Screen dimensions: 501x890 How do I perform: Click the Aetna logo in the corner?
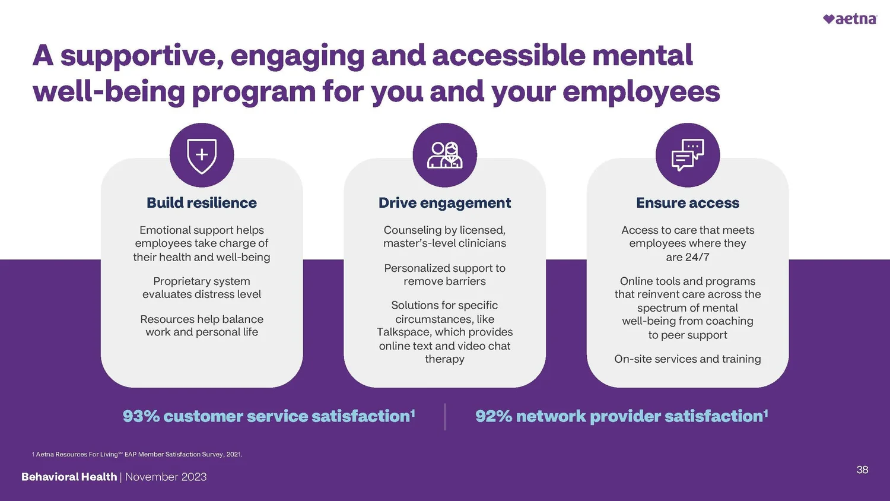850,19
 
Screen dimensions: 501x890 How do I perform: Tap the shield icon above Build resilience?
202,156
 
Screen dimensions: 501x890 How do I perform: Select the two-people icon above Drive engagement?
444,156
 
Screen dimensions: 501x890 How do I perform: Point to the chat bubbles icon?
688,156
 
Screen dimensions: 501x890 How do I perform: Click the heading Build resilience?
202,203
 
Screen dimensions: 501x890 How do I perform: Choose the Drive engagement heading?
444,203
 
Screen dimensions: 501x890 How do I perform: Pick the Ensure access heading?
688,203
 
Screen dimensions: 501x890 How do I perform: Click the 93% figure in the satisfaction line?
141,416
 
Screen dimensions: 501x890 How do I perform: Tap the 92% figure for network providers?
494,416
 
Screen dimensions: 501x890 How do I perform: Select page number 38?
862,470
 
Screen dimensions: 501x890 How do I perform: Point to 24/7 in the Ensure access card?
697,257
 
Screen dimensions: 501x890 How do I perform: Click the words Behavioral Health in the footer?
69,477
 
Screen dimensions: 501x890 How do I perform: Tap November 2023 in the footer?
166,477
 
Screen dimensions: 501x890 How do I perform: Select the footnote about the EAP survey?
137,454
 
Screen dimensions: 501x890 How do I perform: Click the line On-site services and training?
688,359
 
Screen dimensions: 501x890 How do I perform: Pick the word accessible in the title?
509,55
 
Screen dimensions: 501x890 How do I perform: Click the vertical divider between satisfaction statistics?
445,417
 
